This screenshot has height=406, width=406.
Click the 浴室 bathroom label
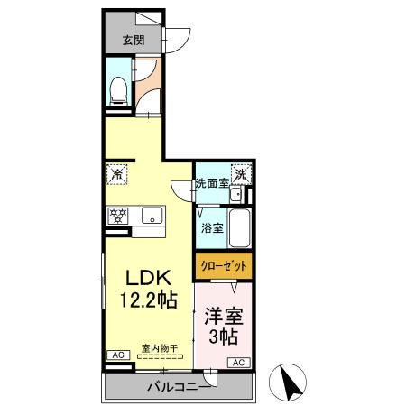tap(209, 228)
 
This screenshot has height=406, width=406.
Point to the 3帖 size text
tap(221, 338)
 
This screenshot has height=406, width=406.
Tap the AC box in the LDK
tap(117, 356)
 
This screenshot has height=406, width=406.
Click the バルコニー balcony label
tap(179, 387)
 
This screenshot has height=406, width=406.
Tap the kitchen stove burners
tap(118, 217)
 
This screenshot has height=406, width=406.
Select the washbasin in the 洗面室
tap(235, 196)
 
